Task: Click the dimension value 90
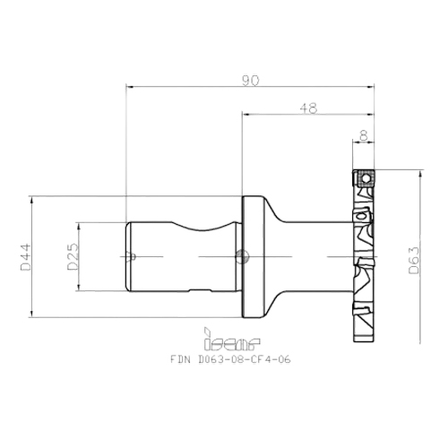coord(250,81)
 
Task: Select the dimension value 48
coord(307,108)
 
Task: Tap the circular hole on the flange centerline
coord(239,257)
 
